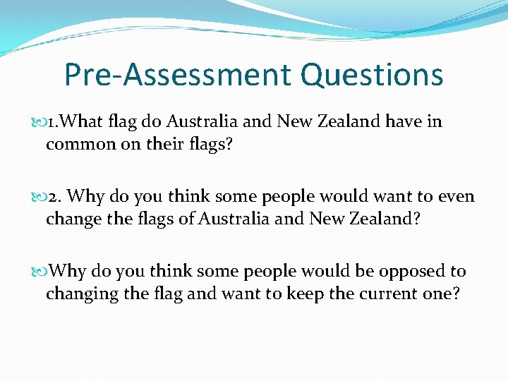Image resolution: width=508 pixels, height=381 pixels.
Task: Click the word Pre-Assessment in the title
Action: pyautogui.click(x=178, y=75)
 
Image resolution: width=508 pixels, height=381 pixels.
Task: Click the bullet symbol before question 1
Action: pyautogui.click(x=37, y=122)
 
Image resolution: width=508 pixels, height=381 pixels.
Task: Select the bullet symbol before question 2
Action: pyautogui.click(x=37, y=197)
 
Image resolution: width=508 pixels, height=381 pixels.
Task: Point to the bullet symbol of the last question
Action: pyautogui.click(x=37, y=272)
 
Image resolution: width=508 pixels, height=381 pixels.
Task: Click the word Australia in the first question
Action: pyautogui.click(x=202, y=121)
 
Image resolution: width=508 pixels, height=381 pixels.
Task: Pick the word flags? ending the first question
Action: pyautogui.click(x=217, y=144)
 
